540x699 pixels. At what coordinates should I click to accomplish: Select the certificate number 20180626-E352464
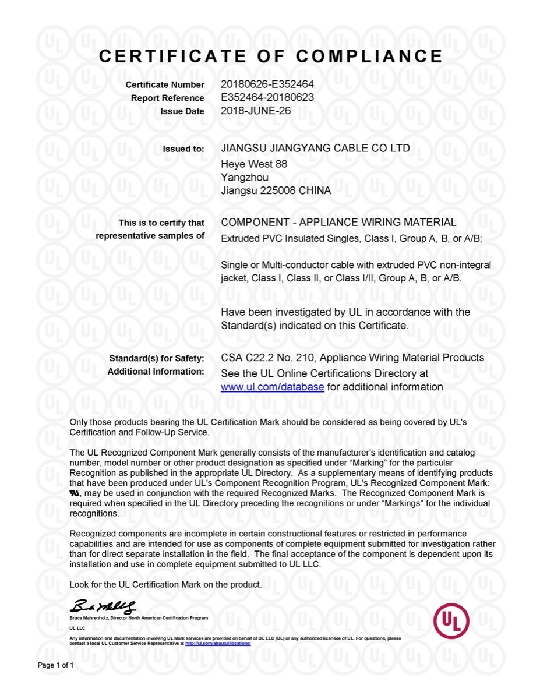tap(267, 84)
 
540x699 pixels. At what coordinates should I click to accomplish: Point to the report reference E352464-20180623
tap(267, 97)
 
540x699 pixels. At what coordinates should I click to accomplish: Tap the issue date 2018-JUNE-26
tap(255, 110)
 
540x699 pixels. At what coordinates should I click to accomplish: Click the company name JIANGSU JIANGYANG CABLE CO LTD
tap(315, 149)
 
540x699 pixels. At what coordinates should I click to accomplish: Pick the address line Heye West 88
tap(254, 164)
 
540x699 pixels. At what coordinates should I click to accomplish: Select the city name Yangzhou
tap(245, 177)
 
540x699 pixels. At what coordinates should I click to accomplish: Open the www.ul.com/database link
tap(272, 387)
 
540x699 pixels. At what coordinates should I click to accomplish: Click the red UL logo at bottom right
tap(451, 620)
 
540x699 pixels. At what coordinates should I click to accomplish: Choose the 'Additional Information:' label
tap(156, 372)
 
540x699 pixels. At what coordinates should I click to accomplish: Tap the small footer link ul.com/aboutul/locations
tap(218, 644)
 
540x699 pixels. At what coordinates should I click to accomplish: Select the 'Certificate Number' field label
tap(165, 86)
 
